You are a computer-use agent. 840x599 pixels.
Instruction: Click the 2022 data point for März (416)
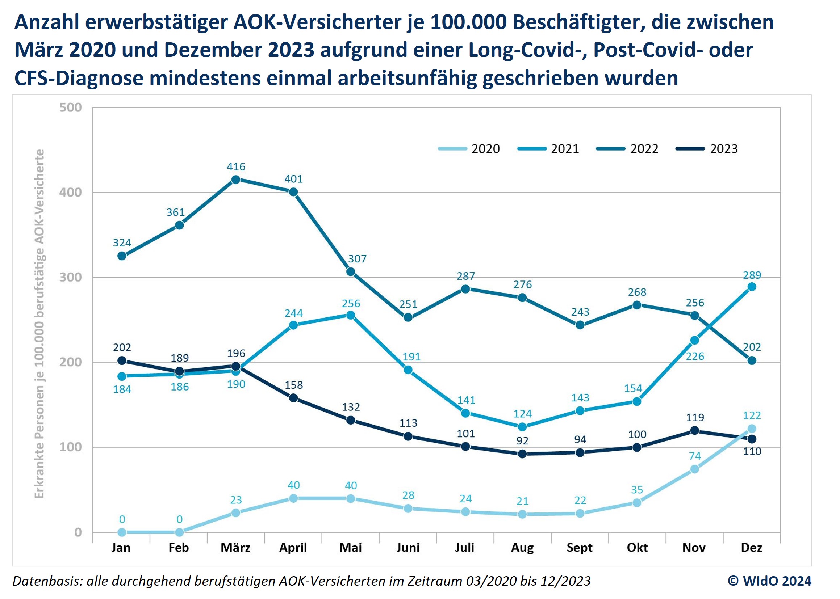tap(236, 180)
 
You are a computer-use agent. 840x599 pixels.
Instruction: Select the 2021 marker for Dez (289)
tap(751, 287)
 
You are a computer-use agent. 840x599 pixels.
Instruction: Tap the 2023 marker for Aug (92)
tap(522, 454)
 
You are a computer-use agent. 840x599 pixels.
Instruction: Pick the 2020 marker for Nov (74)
tap(694, 469)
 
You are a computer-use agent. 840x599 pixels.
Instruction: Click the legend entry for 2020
tap(469, 149)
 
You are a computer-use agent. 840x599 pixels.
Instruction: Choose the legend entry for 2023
tap(706, 149)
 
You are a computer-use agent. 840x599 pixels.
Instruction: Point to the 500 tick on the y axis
tap(71, 107)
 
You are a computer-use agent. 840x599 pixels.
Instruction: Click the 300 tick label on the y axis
tap(71, 277)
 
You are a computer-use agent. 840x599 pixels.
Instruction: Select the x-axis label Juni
tap(408, 547)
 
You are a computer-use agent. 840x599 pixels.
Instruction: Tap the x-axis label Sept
tap(580, 547)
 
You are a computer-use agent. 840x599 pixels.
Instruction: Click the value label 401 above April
tap(293, 179)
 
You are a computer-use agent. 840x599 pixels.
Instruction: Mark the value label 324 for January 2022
tap(122, 243)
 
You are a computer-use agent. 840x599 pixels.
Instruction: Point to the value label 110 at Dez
tap(752, 451)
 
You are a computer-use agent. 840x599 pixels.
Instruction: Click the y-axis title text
tap(39, 324)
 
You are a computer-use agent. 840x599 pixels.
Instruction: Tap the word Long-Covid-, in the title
tap(528, 50)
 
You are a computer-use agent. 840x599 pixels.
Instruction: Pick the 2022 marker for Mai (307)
tap(351, 272)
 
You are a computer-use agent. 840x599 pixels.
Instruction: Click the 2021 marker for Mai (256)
tap(351, 315)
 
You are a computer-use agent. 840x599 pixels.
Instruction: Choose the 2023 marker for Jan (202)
tap(122, 360)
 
